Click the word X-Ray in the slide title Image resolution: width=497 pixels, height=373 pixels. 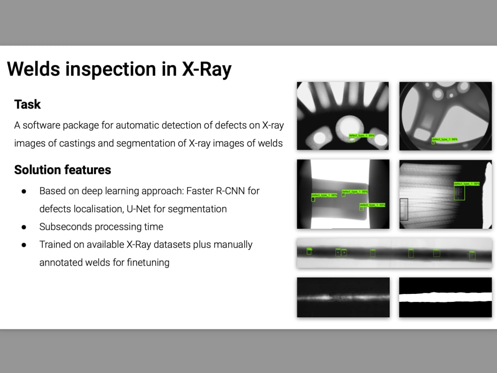coord(207,69)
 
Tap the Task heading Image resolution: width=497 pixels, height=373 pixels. coord(27,104)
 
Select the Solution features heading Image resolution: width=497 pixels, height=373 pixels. coord(63,170)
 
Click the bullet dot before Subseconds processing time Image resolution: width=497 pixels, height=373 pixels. coord(24,227)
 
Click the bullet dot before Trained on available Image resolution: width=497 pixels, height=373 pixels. coord(24,245)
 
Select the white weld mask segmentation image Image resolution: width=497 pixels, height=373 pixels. coord(445,297)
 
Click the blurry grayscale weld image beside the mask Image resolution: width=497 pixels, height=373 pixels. coord(343,297)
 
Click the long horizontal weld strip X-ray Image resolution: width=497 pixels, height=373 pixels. coord(394,253)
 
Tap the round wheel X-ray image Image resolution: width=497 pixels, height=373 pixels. coord(445,116)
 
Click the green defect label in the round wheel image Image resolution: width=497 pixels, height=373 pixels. coord(444,139)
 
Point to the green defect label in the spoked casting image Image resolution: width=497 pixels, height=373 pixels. coord(361,135)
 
